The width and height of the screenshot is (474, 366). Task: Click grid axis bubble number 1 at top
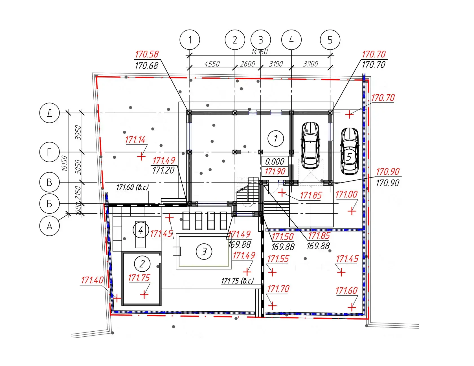pyautogui.click(x=190, y=40)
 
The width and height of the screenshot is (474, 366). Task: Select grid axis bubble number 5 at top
pyautogui.click(x=330, y=40)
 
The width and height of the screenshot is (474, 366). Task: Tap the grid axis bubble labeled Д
pyautogui.click(x=49, y=113)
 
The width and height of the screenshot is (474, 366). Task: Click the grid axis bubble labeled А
pyautogui.click(x=49, y=226)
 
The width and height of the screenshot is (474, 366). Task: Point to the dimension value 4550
pyautogui.click(x=212, y=64)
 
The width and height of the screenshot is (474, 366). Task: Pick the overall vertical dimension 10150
pyautogui.click(x=65, y=163)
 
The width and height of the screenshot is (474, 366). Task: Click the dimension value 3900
pyautogui.click(x=311, y=64)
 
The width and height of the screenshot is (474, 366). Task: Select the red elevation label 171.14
pyautogui.click(x=135, y=139)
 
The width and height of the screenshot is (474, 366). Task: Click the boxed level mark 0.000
pyautogui.click(x=275, y=161)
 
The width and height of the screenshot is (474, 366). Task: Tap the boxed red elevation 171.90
pyautogui.click(x=275, y=171)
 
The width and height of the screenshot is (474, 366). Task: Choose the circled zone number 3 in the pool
pyautogui.click(x=204, y=251)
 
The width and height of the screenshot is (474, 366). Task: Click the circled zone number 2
pyautogui.click(x=142, y=264)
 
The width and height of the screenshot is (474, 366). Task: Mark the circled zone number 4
pyautogui.click(x=141, y=230)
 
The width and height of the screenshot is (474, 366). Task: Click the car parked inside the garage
pyautogui.click(x=310, y=145)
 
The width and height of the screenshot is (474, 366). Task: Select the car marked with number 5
pyautogui.click(x=349, y=151)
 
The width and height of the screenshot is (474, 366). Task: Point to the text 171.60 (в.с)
pyautogui.click(x=132, y=187)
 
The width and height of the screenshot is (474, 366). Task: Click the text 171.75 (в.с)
pyautogui.click(x=237, y=281)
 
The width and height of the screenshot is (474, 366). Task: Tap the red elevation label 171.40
pyautogui.click(x=92, y=280)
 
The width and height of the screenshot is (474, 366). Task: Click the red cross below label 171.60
pyautogui.click(x=352, y=307)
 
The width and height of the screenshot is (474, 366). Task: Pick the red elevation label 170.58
pyautogui.click(x=147, y=54)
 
